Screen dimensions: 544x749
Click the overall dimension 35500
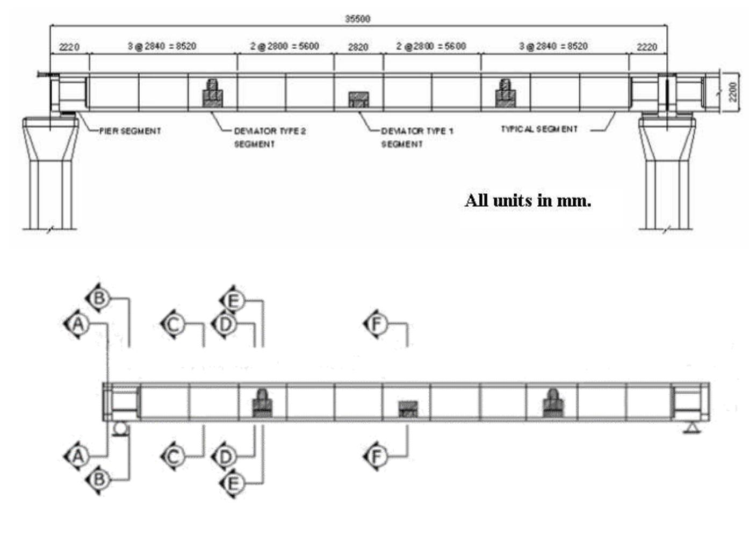coord(357,19)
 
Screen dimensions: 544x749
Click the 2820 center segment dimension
coord(358,47)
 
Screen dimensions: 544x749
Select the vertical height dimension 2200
coord(732,91)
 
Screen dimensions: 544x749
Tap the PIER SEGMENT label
coord(130,130)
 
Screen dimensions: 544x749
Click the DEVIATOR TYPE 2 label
coord(270,131)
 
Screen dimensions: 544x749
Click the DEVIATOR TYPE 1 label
coord(417,131)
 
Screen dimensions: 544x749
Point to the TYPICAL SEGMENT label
coord(539,129)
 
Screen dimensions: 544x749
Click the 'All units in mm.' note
coord(528,200)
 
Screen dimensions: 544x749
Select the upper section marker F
coord(376,324)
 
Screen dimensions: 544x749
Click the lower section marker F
coord(376,456)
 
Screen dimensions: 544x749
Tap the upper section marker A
coord(78,324)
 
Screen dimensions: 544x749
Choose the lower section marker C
coord(174,456)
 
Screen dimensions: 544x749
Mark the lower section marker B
coord(99,478)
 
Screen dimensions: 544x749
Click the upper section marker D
coord(225,324)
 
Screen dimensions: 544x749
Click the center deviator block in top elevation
coord(358,99)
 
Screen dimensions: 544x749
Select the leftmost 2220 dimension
coord(69,47)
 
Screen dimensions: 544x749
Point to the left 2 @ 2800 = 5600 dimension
coord(284,46)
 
